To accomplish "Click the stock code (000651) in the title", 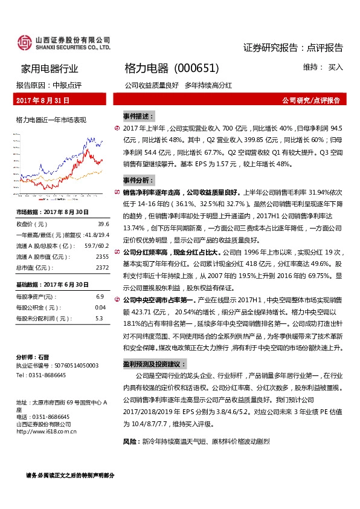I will coord(196,68).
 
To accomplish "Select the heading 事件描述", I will coord(138,115).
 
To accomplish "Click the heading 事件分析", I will coord(138,180).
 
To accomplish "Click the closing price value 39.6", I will coord(103,223).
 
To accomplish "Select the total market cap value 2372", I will coord(102,267).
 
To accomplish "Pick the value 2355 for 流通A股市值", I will coord(102,256).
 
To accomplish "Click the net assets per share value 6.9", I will coord(100,296).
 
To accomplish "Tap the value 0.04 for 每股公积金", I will coord(100,307).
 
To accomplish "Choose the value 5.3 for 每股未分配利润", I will coord(100,318).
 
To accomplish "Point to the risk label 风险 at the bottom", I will coord(130,442).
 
